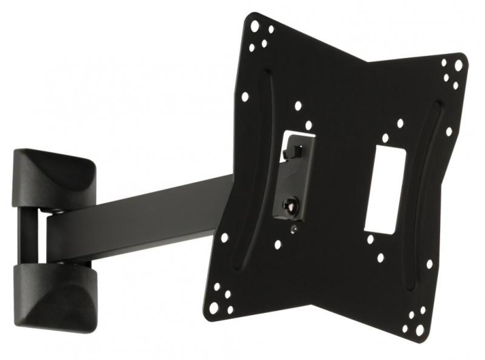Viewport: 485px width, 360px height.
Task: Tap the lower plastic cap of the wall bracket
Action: point(55,293)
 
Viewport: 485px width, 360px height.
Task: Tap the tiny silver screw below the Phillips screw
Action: point(294,229)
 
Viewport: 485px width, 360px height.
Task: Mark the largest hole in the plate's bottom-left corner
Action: point(214,307)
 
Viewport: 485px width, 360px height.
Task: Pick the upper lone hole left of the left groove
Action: point(245,97)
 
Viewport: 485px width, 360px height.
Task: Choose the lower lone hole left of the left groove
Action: point(224,238)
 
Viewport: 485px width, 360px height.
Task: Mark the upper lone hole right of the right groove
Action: point(449,132)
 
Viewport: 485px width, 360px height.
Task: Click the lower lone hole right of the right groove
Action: point(429,264)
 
